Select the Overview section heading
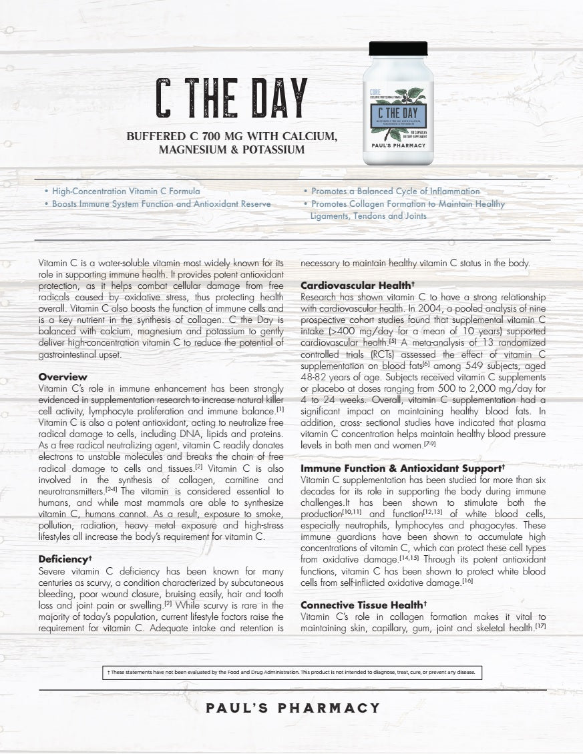(x=63, y=377)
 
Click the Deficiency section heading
(x=65, y=558)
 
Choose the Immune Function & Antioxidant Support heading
(x=402, y=468)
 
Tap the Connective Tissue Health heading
(x=363, y=605)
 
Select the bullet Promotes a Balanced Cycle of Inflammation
(x=395, y=191)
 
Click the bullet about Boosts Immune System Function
(x=162, y=204)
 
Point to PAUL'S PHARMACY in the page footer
(x=293, y=708)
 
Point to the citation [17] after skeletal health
(x=540, y=628)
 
